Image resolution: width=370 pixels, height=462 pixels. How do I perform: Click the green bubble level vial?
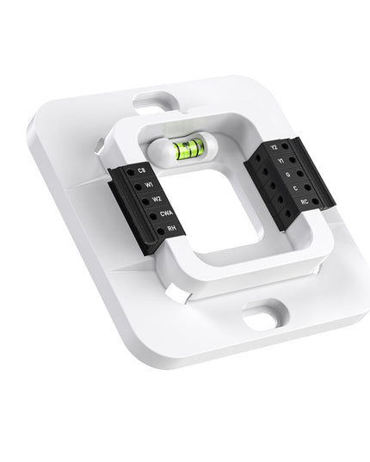(183, 152)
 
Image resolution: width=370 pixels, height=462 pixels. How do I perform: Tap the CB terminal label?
(141, 172)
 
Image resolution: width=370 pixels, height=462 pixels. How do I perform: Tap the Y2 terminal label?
(274, 147)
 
